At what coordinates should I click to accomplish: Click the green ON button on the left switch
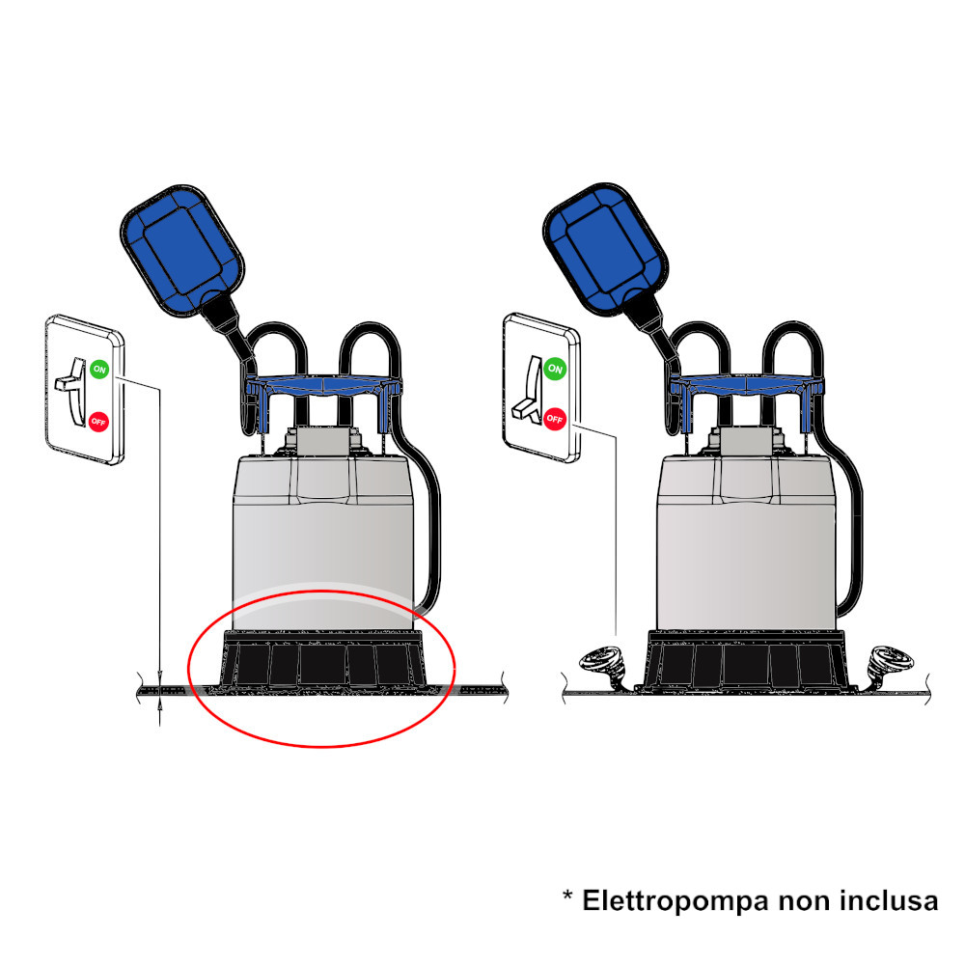click(99, 370)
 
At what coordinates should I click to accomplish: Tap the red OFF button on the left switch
click(98, 422)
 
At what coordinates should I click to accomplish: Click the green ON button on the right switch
click(555, 369)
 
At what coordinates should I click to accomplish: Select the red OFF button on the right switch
click(555, 419)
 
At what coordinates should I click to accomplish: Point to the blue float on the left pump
click(181, 249)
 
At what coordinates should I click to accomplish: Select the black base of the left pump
click(323, 660)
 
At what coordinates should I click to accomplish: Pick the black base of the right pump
click(746, 660)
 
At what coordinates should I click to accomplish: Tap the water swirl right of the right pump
click(889, 665)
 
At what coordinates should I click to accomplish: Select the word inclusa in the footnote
click(890, 900)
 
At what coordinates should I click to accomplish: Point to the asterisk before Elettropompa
click(567, 896)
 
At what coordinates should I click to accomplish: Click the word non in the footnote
click(805, 903)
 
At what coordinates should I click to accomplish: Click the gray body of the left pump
click(322, 541)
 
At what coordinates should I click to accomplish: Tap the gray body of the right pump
click(746, 541)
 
